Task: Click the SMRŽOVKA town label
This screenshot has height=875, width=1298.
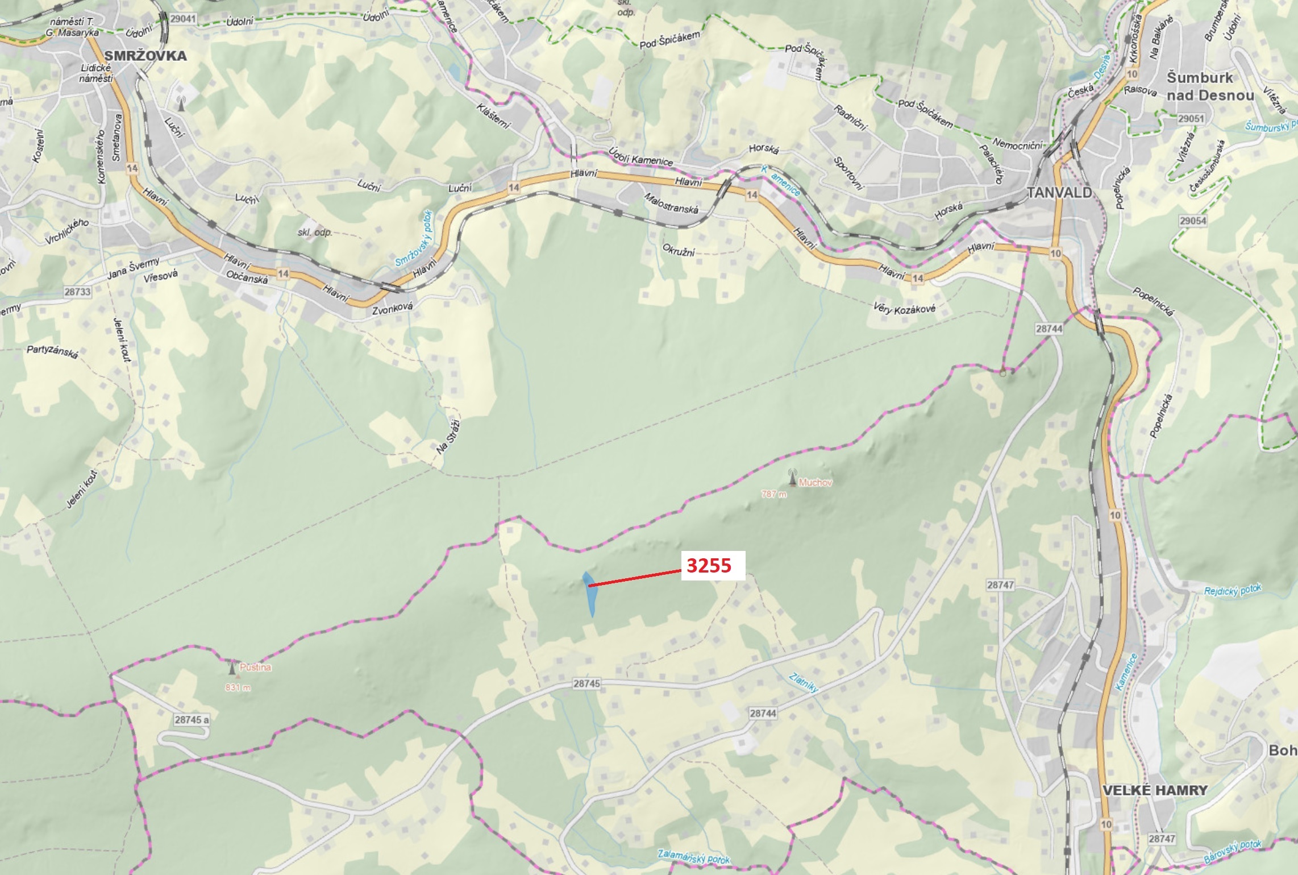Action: (145, 56)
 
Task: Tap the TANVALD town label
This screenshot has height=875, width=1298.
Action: (1059, 193)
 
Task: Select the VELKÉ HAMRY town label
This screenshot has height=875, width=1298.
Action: (1155, 790)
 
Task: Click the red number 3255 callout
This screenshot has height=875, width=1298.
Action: (709, 566)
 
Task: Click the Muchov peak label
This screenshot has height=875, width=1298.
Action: (815, 483)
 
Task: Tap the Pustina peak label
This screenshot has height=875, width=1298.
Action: (255, 667)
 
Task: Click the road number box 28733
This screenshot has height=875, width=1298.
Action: (77, 292)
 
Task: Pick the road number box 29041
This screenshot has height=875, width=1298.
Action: (182, 19)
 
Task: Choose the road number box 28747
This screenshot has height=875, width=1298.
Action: (1000, 584)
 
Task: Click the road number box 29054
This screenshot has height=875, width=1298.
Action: (1192, 221)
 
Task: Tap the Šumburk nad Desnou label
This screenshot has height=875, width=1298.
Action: (1210, 86)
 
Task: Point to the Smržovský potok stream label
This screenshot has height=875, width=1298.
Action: (414, 238)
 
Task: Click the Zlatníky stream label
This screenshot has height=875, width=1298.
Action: (804, 682)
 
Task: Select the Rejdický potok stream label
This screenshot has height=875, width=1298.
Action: (1232, 590)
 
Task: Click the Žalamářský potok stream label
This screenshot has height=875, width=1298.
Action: (693, 856)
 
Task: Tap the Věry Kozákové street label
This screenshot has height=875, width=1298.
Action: (904, 309)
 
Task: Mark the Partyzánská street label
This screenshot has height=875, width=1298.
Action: (52, 351)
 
